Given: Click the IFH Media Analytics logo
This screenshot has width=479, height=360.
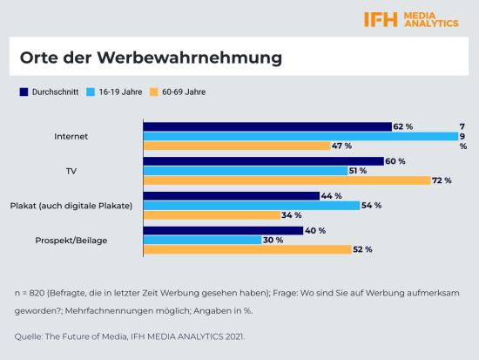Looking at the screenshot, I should point(411,19).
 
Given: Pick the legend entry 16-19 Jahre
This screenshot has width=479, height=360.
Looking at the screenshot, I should point(115,92).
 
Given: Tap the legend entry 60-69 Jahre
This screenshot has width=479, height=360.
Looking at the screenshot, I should point(180,92).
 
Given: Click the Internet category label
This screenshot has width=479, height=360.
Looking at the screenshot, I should point(71,137).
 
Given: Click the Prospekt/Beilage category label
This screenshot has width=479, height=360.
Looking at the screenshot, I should point(71,240).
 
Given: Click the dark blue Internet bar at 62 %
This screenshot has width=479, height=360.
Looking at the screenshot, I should point(266,126).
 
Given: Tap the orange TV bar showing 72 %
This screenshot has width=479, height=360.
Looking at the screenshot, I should point(287,180).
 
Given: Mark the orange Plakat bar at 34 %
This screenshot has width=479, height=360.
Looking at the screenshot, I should point(211,215).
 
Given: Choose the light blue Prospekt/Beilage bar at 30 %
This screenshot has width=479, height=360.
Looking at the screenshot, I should point(201,240).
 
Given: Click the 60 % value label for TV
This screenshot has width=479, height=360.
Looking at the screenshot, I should point(395,161).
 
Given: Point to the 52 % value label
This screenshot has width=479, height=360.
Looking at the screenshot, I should point(362,250).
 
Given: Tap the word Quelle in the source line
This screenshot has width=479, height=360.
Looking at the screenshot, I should point(28,336).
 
